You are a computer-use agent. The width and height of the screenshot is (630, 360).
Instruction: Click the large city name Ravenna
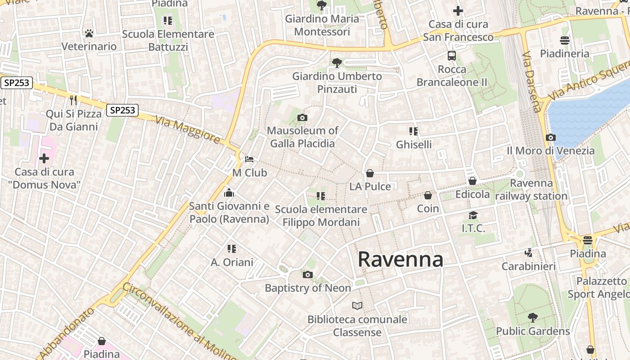(400, 260)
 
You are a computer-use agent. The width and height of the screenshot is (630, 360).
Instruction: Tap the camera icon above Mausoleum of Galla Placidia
(302, 118)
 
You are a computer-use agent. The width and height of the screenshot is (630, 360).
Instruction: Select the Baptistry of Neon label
(308, 288)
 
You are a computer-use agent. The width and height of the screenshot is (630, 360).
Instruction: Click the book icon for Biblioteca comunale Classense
(357, 306)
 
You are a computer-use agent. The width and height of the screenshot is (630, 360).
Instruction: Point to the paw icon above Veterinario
(89, 33)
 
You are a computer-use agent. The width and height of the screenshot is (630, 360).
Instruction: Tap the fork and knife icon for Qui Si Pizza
(73, 100)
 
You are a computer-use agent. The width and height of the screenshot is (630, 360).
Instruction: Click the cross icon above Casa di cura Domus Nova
(44, 158)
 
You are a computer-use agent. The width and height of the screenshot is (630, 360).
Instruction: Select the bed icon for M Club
(249, 159)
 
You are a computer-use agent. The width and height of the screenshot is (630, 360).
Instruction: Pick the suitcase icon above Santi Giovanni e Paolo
(229, 193)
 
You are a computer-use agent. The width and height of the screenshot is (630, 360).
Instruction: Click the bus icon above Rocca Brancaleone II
(452, 56)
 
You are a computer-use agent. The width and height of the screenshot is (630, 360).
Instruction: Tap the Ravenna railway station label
(531, 190)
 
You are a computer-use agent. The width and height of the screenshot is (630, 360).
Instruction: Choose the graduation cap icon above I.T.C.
(473, 216)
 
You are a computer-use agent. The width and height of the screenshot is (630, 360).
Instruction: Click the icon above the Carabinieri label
(529, 253)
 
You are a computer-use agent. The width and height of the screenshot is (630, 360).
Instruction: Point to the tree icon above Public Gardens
(532, 318)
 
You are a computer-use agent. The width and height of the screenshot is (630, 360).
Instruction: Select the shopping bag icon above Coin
(427, 196)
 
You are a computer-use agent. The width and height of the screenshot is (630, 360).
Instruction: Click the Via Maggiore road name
(188, 130)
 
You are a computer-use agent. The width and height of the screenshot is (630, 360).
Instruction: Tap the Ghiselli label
(414, 144)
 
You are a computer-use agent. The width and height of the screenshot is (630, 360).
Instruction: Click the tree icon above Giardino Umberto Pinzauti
(337, 63)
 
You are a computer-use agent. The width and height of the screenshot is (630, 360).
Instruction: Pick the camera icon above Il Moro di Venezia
(550, 138)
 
